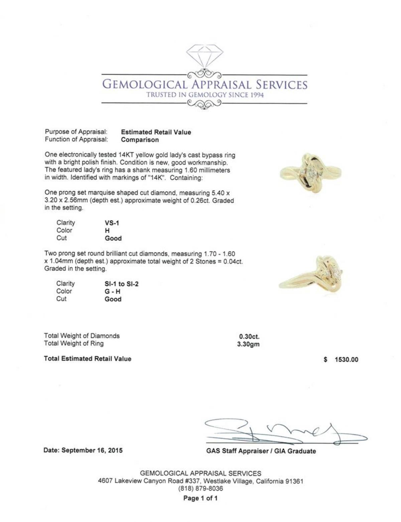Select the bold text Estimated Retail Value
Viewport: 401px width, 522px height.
(156, 132)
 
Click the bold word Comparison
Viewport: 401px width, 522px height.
(140, 140)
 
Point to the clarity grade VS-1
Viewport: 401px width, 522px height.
(112, 223)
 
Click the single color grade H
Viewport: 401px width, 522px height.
(107, 231)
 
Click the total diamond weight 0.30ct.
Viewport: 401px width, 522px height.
(249, 337)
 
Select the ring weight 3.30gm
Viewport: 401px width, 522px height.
(248, 344)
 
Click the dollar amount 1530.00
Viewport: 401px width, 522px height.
(347, 360)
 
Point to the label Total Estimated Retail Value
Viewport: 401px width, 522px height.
(88, 359)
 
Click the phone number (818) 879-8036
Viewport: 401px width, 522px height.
(200, 489)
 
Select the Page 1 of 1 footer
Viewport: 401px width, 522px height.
(200, 499)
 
